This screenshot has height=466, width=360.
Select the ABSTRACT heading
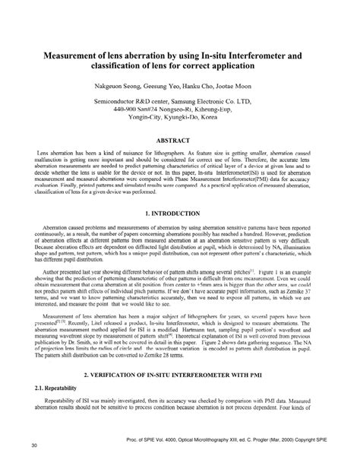pyautogui.click(x=179, y=141)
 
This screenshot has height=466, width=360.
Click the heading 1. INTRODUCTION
pyautogui.click(x=179, y=214)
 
